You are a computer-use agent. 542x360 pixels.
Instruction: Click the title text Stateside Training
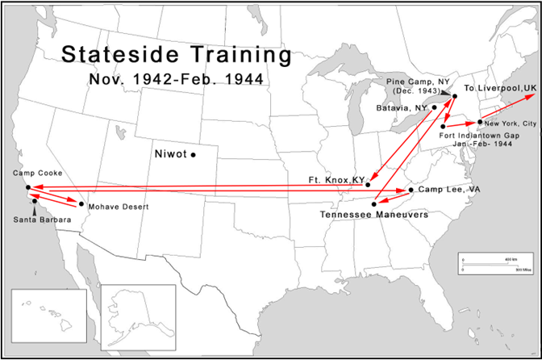point(177,56)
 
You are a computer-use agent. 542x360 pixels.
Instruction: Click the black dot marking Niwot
point(194,154)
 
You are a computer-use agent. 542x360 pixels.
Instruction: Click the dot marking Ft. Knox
point(368,185)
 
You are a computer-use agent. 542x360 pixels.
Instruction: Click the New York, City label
point(510,122)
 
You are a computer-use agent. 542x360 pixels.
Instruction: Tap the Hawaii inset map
point(48,316)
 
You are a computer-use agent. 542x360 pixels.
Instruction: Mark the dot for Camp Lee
point(411,190)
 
